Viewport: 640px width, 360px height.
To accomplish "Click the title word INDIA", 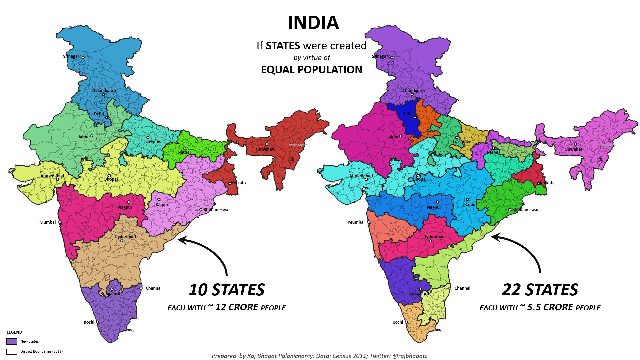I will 313,23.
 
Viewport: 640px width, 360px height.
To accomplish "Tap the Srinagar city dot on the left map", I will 83,57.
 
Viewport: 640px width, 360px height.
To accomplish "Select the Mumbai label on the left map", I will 48,222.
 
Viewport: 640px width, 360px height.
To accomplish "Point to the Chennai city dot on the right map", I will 450,288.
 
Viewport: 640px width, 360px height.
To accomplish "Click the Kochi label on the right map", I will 398,322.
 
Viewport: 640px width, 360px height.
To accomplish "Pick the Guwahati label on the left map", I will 265,149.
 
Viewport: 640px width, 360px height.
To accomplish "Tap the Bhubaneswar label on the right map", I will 525,210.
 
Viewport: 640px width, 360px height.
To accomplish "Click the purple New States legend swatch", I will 12,341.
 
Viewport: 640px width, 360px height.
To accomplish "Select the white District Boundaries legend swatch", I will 12,351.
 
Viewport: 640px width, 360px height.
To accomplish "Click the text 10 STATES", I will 227,290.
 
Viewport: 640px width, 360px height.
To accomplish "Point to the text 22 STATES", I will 540,290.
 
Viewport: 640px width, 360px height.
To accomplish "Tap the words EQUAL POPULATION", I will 311,70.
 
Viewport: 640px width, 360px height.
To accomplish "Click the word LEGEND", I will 14,332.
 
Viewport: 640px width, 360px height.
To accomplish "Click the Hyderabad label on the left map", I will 125,237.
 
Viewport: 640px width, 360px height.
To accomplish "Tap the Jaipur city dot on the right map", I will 400,136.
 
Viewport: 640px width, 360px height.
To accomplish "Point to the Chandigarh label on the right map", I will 413,91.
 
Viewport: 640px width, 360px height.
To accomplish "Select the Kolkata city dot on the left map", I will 229,183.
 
